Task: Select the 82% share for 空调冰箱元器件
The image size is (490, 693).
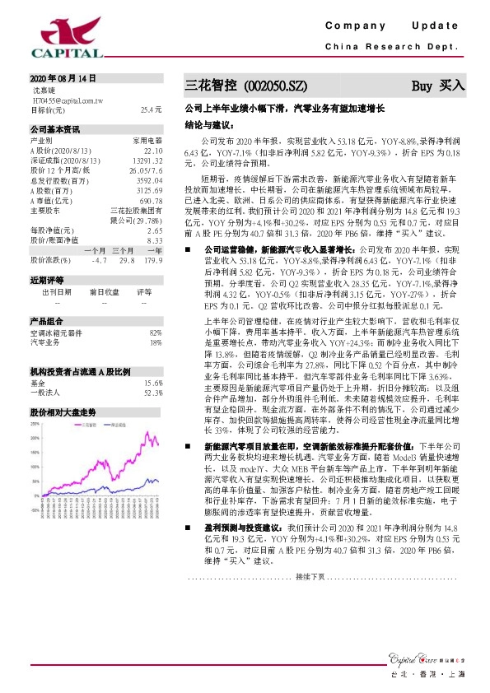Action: [x=156, y=332]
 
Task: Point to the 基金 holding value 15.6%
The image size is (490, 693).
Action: [x=152, y=383]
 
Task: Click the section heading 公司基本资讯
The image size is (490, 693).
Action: [x=55, y=129]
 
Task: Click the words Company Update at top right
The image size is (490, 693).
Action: [x=392, y=27]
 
